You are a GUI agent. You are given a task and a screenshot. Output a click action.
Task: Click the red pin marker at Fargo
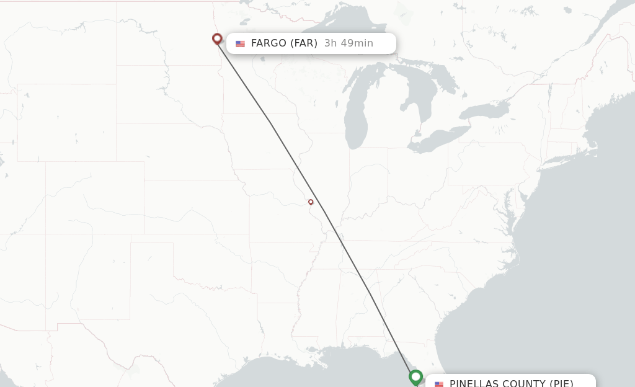pyautogui.click(x=217, y=39)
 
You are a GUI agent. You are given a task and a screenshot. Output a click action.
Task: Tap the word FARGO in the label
pyautogui.click(x=269, y=43)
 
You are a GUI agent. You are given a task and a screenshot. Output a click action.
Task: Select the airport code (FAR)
pyautogui.click(x=304, y=43)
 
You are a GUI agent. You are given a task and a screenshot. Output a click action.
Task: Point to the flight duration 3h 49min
pyautogui.click(x=349, y=43)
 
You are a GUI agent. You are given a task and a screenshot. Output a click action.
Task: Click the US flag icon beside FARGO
pyautogui.click(x=240, y=43)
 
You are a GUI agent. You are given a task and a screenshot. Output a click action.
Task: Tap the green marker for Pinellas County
pyautogui.click(x=415, y=376)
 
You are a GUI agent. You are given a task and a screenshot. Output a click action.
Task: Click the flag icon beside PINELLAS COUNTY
pyautogui.click(x=439, y=384)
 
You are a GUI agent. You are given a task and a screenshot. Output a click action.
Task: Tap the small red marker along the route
pyautogui.click(x=311, y=202)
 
